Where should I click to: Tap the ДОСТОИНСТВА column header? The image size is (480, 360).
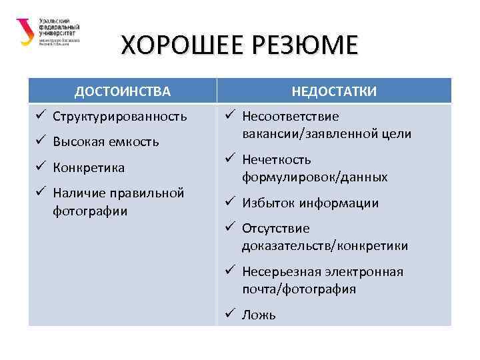122,91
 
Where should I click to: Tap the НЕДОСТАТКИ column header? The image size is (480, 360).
334,91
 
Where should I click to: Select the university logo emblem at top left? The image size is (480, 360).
25,31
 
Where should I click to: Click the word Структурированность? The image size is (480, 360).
119,117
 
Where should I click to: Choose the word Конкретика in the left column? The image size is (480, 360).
89,167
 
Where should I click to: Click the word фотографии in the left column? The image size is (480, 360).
90,211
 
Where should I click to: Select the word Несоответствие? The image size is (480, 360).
290,117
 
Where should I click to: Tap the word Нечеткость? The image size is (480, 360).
277,160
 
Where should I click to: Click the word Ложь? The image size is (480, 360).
259,315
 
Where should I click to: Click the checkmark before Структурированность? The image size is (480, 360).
40,116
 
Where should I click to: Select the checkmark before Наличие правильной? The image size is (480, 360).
40,193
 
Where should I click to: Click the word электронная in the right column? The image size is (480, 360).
365,272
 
